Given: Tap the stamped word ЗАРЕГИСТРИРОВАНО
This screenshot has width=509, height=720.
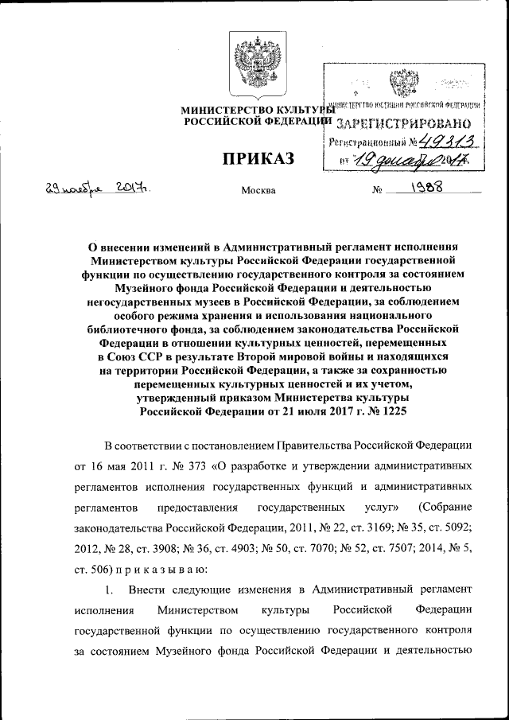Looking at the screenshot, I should (x=404, y=123).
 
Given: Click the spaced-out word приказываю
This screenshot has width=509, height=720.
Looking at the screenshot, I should (x=149, y=570).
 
